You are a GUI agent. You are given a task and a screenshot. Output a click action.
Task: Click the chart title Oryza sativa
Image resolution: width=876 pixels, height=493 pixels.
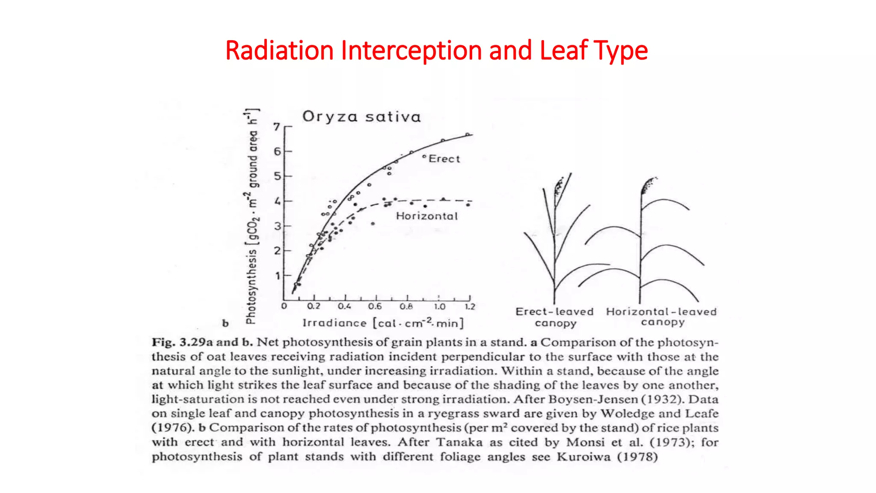click(x=361, y=117)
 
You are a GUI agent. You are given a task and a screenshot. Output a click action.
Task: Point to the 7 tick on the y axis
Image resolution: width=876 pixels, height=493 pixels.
click(x=277, y=127)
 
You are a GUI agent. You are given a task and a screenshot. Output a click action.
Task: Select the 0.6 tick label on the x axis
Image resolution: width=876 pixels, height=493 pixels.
click(x=375, y=306)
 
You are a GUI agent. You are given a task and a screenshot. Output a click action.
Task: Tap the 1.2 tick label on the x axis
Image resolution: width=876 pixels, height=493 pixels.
click(x=470, y=306)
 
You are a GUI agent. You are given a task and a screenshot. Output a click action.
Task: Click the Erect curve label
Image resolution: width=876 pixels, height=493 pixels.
click(x=444, y=159)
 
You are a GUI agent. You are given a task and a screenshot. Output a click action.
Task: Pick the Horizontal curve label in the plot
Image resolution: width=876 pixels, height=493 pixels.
click(x=426, y=216)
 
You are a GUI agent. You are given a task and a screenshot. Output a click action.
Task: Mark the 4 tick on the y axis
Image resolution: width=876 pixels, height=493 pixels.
click(x=277, y=201)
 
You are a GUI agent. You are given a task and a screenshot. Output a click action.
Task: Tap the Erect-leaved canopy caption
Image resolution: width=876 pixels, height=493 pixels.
click(x=555, y=317)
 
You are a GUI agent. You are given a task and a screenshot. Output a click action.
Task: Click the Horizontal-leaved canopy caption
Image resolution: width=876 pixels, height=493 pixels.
click(x=661, y=317)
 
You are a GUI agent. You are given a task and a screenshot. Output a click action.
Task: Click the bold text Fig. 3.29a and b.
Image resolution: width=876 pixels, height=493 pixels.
click(x=202, y=342)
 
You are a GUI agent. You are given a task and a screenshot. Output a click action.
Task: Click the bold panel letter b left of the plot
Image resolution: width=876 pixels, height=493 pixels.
click(x=225, y=324)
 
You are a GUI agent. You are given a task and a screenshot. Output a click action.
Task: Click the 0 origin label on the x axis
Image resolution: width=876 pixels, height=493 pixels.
click(x=284, y=306)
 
